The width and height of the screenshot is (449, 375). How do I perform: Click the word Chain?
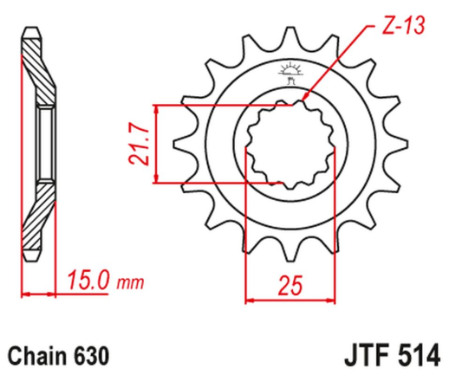pos(36,355)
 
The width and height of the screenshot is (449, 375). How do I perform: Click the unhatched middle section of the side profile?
pos(42,143)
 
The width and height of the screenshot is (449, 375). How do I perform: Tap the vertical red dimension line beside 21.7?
pos(156,144)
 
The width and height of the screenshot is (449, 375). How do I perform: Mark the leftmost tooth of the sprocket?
pos(180,143)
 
